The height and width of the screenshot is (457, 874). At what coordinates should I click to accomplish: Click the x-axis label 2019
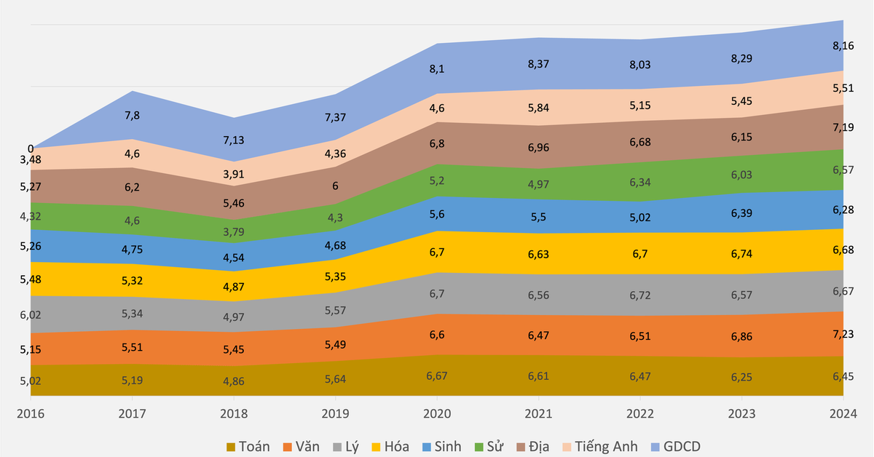(x=335, y=414)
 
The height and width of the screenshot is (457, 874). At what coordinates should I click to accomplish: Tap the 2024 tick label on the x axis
(x=843, y=414)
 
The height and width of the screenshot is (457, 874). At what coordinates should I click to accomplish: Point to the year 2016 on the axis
(x=31, y=414)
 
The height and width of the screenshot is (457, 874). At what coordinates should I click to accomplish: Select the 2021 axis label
(x=538, y=414)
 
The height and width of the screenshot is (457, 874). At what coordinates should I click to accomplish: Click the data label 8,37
(x=538, y=64)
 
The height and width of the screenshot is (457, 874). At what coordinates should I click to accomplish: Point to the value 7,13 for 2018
(x=233, y=140)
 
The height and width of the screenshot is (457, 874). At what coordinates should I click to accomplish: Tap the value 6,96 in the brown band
(x=538, y=148)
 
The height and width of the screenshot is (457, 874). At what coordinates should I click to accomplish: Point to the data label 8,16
(x=843, y=45)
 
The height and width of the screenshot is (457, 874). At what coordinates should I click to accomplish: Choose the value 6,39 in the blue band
(x=742, y=211)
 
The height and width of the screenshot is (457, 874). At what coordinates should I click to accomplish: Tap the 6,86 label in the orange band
(x=742, y=337)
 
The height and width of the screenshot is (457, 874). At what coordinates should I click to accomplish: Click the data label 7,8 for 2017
(x=132, y=115)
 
